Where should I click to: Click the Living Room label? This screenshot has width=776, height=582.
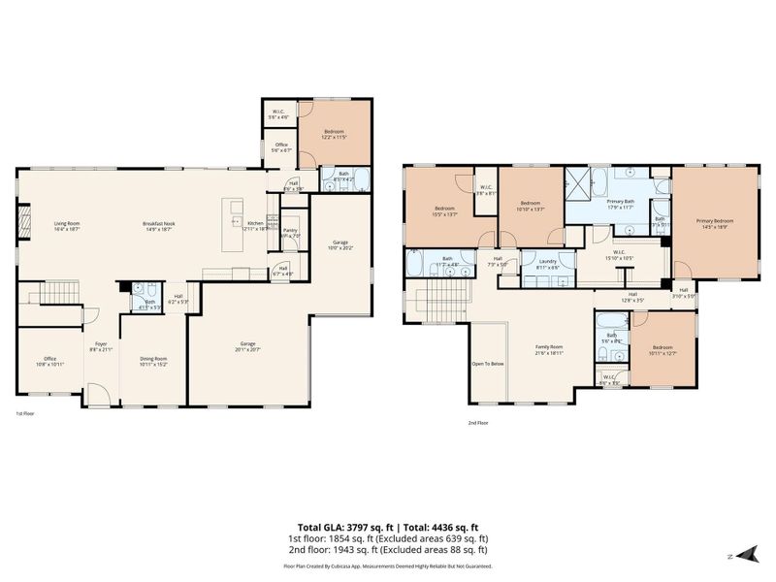click(x=66, y=226)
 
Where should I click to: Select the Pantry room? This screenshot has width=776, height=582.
click(x=289, y=233)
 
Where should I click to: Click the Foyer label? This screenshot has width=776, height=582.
click(x=100, y=345)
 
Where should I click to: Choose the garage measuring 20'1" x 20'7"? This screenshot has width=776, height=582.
click(x=248, y=346)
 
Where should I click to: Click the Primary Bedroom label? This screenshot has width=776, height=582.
click(x=714, y=224)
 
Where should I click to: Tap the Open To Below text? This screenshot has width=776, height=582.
click(x=487, y=364)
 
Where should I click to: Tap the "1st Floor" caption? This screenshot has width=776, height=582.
click(x=26, y=414)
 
